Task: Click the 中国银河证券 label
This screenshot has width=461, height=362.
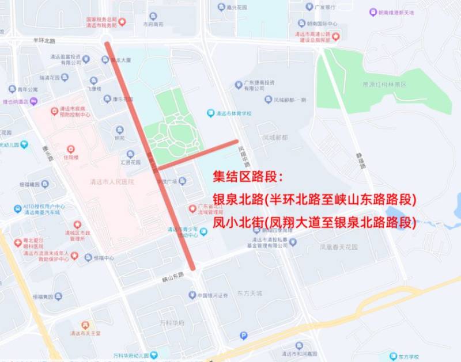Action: [x=212, y=295]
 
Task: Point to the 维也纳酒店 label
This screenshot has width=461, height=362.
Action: [x=16, y=101]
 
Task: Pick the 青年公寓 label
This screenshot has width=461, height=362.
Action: [x=27, y=90]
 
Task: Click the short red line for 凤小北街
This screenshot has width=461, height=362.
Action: [x=197, y=154]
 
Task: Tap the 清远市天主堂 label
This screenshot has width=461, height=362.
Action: [x=85, y=333]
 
